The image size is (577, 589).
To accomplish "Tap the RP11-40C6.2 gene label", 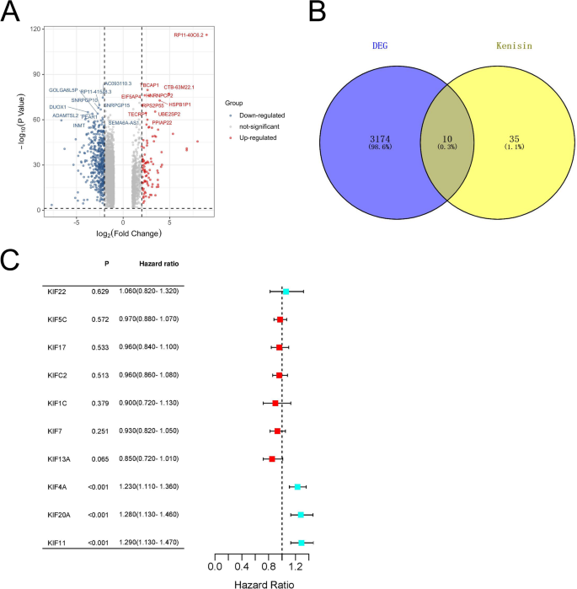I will [x=189, y=35].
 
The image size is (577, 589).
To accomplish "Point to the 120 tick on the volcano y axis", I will [x=36, y=29].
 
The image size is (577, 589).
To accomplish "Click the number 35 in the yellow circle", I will [x=515, y=137].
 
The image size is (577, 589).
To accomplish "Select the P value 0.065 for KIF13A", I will [x=100, y=459].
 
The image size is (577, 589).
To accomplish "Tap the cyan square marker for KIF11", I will [x=302, y=543].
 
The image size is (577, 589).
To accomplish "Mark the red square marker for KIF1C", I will [x=275, y=403].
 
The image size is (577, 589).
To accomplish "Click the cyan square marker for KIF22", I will [x=286, y=292].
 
